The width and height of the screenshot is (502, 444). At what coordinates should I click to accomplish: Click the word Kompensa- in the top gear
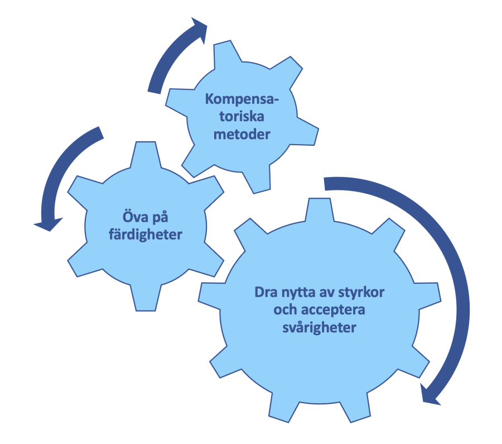(242, 99)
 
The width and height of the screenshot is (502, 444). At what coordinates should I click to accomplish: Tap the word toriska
(242, 116)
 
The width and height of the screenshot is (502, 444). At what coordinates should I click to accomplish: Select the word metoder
(242, 134)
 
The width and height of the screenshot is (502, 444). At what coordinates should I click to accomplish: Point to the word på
(160, 218)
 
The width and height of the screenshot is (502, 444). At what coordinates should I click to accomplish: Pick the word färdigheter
(146, 235)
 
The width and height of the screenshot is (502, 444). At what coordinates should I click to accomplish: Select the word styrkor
(361, 293)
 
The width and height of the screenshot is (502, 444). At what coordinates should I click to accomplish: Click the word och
(284, 309)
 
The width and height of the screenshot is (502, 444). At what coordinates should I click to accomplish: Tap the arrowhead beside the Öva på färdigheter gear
(49, 224)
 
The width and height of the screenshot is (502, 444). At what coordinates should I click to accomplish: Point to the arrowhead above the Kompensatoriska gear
(199, 28)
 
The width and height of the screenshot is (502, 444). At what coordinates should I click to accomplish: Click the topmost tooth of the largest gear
(319, 209)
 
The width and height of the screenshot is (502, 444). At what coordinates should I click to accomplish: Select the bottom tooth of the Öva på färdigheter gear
(146, 298)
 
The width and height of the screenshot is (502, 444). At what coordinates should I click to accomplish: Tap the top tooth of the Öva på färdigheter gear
(146, 155)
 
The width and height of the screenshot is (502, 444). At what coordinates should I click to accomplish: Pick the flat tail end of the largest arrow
(325, 184)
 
